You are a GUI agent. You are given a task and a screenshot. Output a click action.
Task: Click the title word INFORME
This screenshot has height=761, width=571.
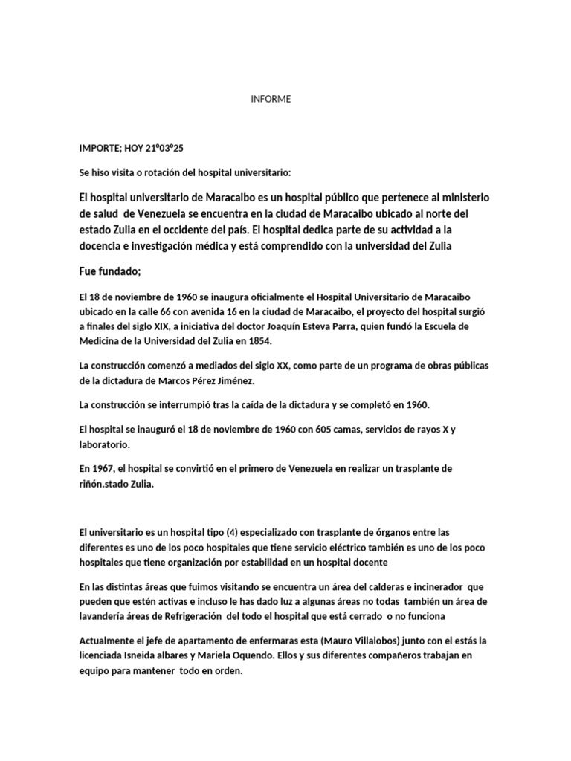click(271, 99)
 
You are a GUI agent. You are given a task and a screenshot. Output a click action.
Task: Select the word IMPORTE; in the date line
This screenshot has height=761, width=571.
click(103, 149)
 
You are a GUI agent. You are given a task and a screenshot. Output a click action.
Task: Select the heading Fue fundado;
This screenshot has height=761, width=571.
click(109, 271)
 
